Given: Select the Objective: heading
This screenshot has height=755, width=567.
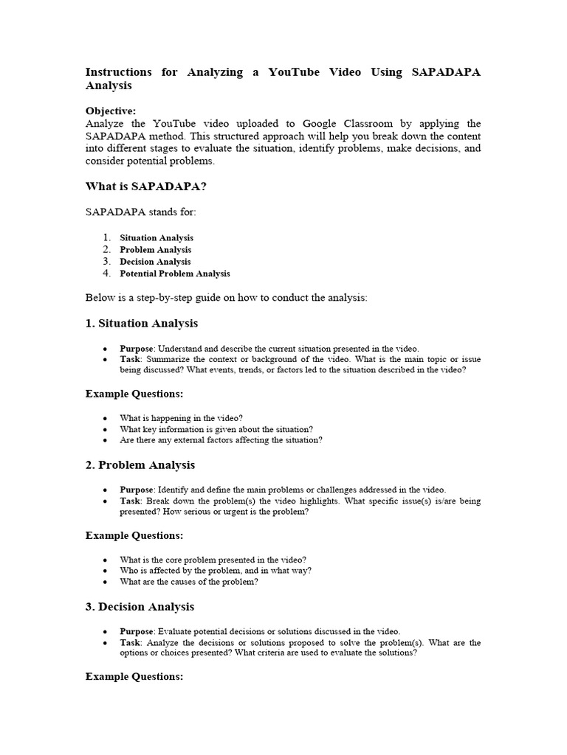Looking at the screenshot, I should (x=111, y=111).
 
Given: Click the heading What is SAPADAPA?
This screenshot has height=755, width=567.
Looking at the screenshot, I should (x=146, y=187).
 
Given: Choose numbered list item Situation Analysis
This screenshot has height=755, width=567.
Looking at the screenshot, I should (x=157, y=237).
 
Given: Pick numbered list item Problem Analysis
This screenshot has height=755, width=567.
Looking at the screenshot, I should (x=155, y=249).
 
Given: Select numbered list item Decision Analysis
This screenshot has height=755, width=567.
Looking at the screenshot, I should (x=155, y=261).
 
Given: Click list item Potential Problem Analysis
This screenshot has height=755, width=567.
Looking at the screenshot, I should (x=175, y=273).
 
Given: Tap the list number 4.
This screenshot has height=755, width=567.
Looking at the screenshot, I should (x=106, y=273).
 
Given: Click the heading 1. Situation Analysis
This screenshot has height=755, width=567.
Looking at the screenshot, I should (x=142, y=323).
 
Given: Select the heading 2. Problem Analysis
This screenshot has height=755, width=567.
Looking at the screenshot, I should (x=140, y=465).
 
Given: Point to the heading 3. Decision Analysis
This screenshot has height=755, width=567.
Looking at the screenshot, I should (x=140, y=606).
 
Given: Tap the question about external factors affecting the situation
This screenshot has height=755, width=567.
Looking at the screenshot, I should (x=221, y=440).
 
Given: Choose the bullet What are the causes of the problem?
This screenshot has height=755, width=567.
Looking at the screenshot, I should (x=189, y=582).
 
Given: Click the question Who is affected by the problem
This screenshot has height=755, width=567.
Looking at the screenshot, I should (x=216, y=570).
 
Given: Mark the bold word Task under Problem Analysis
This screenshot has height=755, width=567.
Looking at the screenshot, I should (x=130, y=501).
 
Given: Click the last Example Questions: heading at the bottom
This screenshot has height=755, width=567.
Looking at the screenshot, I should (x=134, y=676).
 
